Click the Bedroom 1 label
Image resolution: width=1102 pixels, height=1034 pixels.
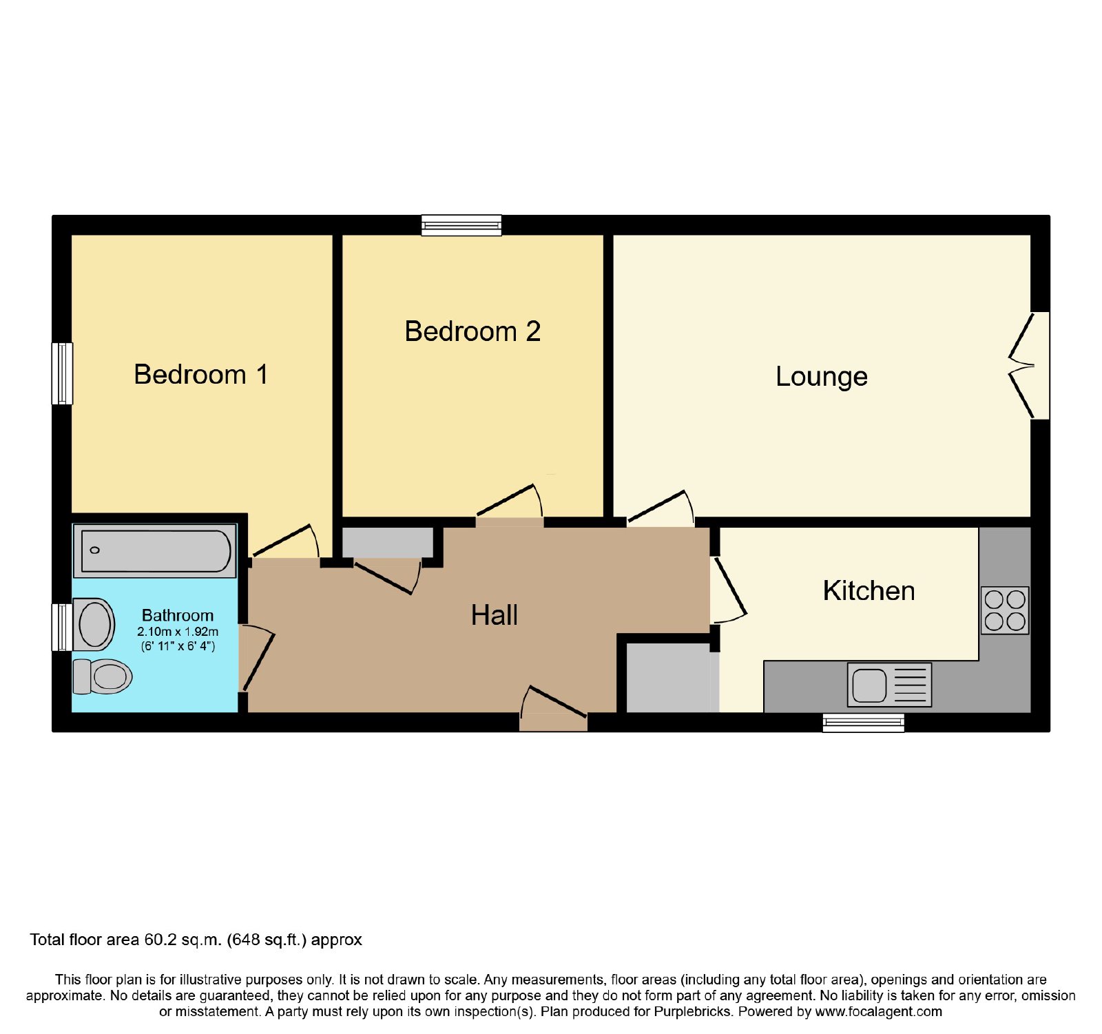pyautogui.click(x=200, y=375)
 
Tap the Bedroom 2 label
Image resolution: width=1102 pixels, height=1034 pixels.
pyautogui.click(x=472, y=331)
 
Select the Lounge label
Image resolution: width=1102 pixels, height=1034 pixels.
pyautogui.click(x=822, y=377)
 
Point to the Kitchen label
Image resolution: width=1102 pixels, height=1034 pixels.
pyautogui.click(x=869, y=591)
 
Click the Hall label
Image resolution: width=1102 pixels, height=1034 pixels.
pyautogui.click(x=494, y=615)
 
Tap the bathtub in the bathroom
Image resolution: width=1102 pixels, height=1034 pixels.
pyautogui.click(x=155, y=550)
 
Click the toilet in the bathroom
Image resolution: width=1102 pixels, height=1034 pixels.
pyautogui.click(x=102, y=676)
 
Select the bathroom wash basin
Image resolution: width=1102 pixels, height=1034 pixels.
pyautogui.click(x=94, y=624)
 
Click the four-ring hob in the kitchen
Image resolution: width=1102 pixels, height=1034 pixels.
pyautogui.click(x=1005, y=610)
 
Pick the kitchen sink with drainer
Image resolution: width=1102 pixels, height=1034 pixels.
pyautogui.click(x=889, y=685)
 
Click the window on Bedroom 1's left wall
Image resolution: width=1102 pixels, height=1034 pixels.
pyautogui.click(x=62, y=373)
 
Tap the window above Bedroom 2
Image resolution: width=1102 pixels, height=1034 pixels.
pyautogui.click(x=461, y=225)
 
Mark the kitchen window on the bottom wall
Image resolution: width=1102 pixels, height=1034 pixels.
pyautogui.click(x=863, y=722)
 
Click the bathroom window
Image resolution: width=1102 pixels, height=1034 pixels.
pyautogui.click(x=62, y=627)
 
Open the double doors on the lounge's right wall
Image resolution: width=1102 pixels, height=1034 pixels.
pyautogui.click(x=1029, y=366)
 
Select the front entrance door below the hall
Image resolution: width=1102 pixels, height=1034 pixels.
pyautogui.click(x=554, y=710)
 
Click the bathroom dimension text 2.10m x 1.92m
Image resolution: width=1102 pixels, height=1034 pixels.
pyautogui.click(x=178, y=632)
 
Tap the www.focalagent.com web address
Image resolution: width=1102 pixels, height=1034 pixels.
pyautogui.click(x=878, y=1012)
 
